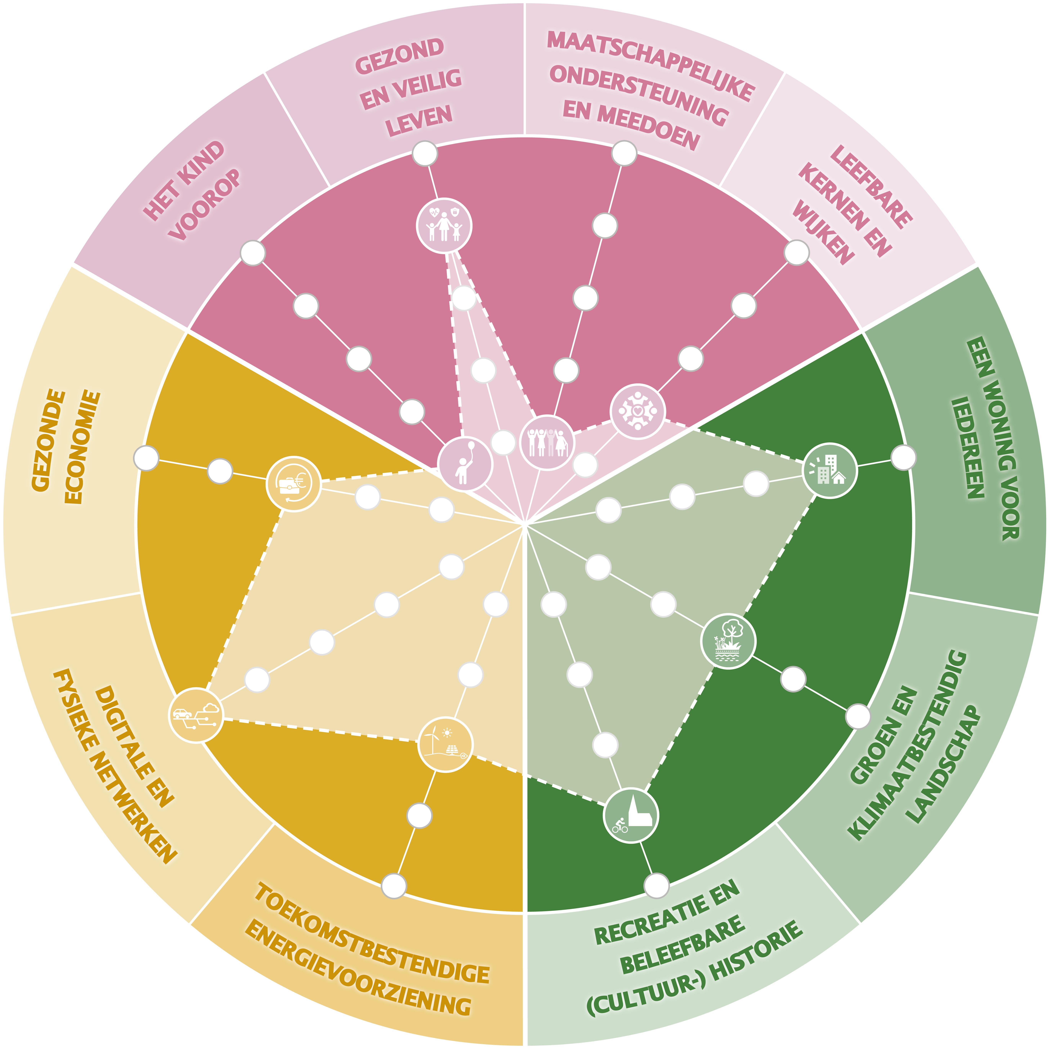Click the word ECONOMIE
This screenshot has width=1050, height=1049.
click(x=83, y=447)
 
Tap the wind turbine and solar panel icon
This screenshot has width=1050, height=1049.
click(x=445, y=744)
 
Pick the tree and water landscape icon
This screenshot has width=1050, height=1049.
click(x=728, y=641)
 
